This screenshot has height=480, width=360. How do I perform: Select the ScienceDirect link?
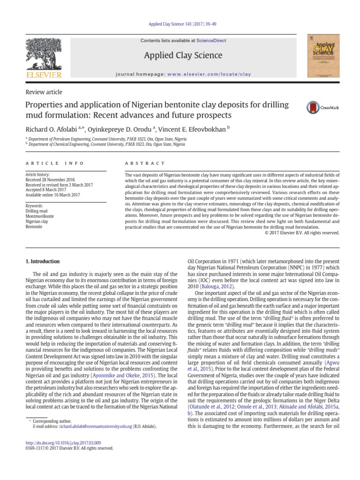click(x=211, y=41)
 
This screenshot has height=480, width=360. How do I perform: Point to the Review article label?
click(x=44, y=92)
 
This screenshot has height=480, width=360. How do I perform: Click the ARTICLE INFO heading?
click(x=54, y=163)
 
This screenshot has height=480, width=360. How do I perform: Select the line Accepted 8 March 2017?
click(x=46, y=190)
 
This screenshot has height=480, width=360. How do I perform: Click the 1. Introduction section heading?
click(x=42, y=261)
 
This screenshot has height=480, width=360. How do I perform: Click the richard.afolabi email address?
click(x=90, y=427)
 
